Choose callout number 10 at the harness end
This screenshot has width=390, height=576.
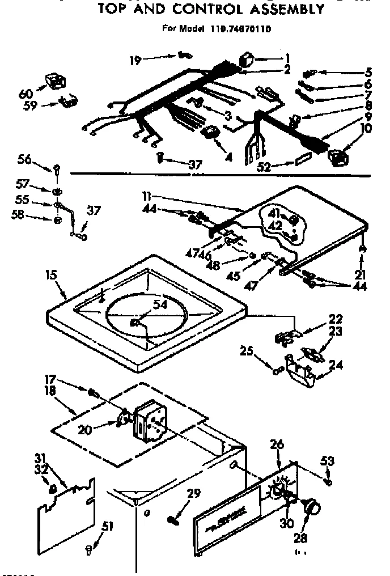pyautogui.click(x=366, y=129)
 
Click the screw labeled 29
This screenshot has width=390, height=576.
pyautogui.click(x=173, y=518)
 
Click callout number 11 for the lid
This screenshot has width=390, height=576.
pyautogui.click(x=146, y=196)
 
